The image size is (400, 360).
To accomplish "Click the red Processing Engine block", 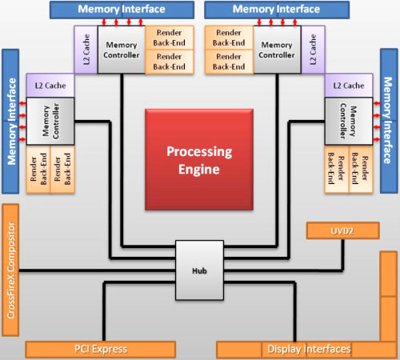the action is pyautogui.click(x=199, y=160).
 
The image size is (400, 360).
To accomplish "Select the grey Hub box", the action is pyautogui.click(x=199, y=270).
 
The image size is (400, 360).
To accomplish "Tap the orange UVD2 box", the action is pyautogui.click(x=343, y=230).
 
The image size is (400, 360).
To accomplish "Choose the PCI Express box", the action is pyautogui.click(x=101, y=350).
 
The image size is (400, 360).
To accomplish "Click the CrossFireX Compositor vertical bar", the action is pyautogui.click(x=10, y=270).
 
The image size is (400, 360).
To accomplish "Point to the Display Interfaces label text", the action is pyautogui.click(x=309, y=349).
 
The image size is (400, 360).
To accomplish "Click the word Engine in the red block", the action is pyautogui.click(x=199, y=170).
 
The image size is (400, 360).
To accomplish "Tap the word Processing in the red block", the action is pyautogui.click(x=199, y=152).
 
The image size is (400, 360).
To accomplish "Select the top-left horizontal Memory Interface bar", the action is pyautogui.click(x=122, y=10).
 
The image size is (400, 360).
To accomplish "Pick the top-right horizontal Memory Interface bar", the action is pyautogui.click(x=277, y=10).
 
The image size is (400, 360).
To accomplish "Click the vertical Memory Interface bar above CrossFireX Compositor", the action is pyautogui.click(x=10, y=122).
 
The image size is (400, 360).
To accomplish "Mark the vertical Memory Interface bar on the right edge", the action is pyautogui.click(x=389, y=121).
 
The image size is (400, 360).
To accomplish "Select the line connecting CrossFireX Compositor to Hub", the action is pyautogui.click(x=98, y=271).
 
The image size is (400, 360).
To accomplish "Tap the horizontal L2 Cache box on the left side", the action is pyautogui.click(x=50, y=86).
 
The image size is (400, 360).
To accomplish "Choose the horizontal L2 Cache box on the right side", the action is pyautogui.click(x=349, y=86).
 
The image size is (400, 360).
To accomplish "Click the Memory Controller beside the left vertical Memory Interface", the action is pyautogui.click(x=50, y=122).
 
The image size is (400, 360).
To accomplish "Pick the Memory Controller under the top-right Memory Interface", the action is pyautogui.click(x=277, y=50).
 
